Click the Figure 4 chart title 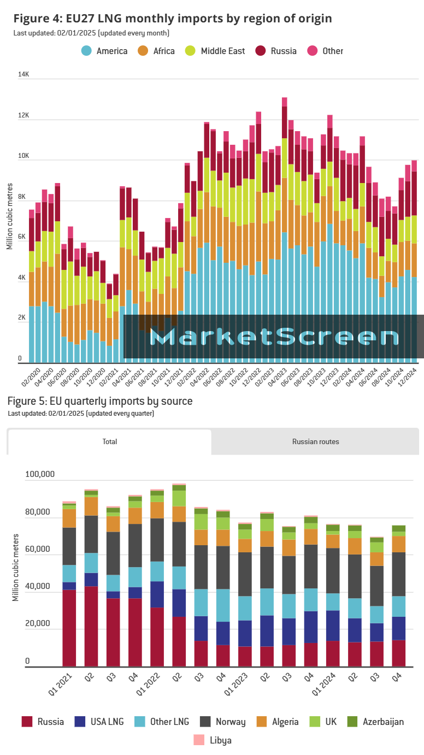pos(173,19)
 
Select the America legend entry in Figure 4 pos(105,51)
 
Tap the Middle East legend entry pos(216,51)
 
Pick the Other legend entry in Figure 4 pos(326,51)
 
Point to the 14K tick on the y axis pos(23,74)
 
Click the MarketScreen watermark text pos(274,337)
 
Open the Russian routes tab pos(315,441)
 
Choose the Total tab pos(110,441)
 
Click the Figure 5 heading pos(100,402)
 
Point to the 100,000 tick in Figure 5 pos(40,474)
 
